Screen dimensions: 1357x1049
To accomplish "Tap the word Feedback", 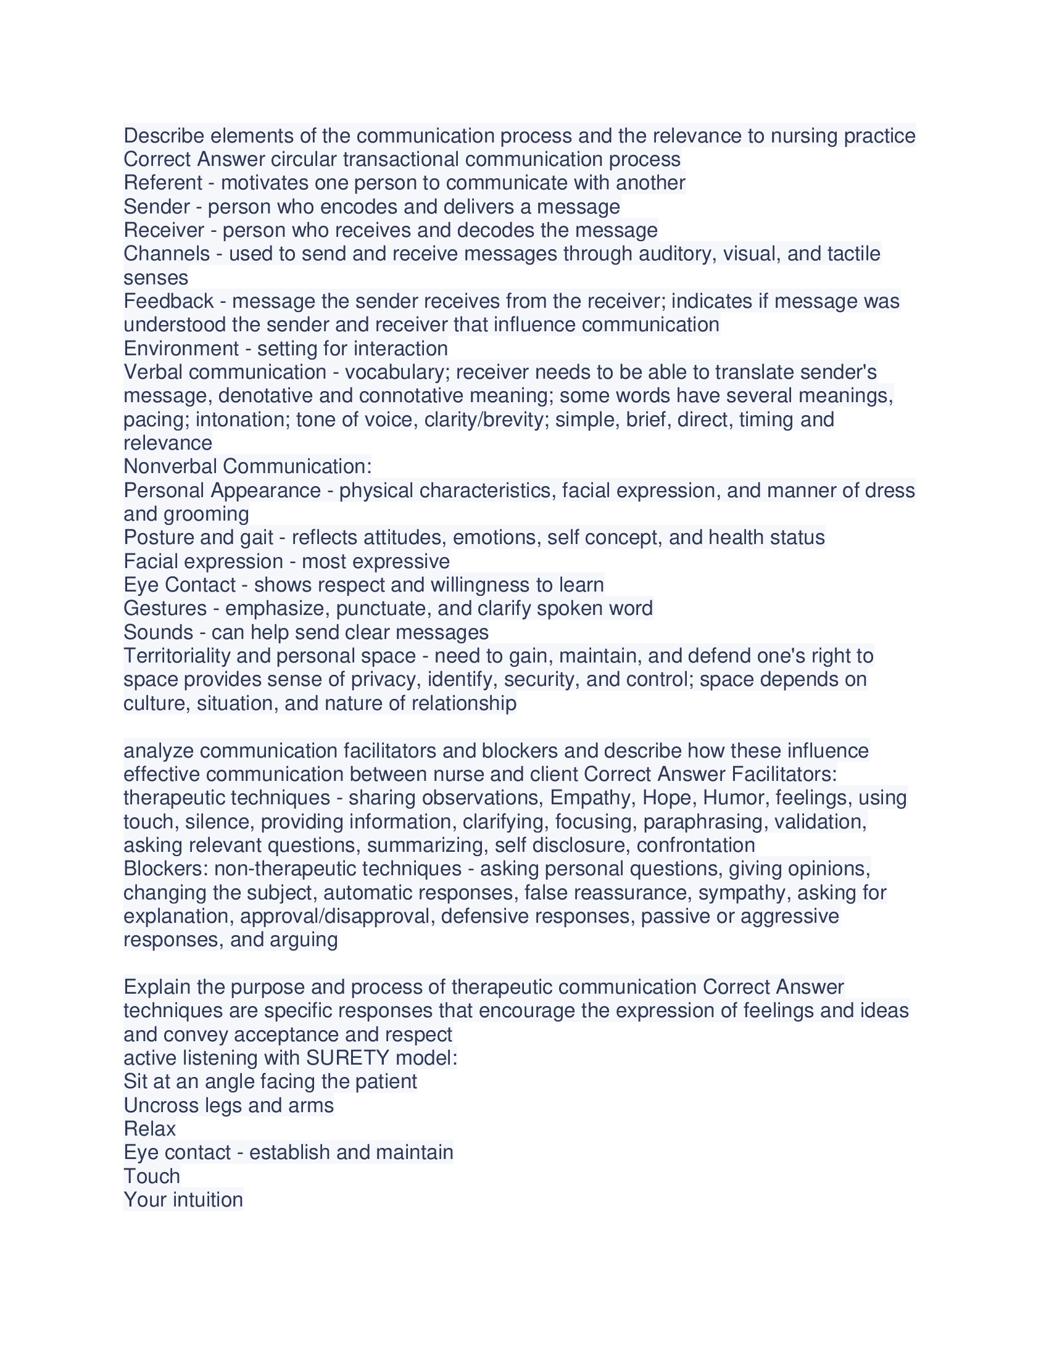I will pyautogui.click(x=168, y=301).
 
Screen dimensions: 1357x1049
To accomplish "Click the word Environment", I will pyautogui.click(x=180, y=348).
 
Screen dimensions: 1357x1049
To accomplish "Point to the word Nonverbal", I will pyautogui.click(x=170, y=466).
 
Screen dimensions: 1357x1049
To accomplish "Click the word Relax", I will pyautogui.click(x=150, y=1129).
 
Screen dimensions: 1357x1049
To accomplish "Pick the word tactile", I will pyautogui.click(x=853, y=254).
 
